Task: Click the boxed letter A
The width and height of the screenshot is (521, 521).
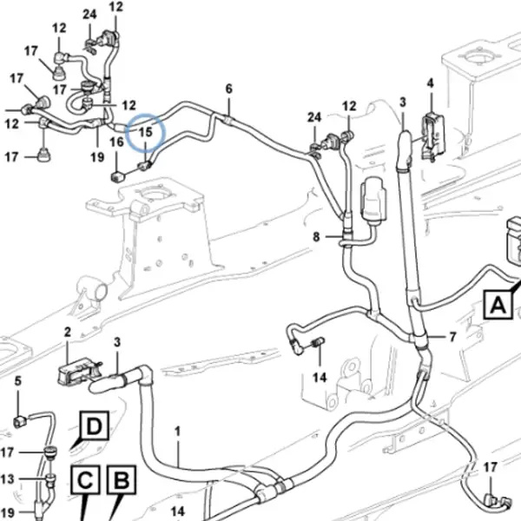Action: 498,305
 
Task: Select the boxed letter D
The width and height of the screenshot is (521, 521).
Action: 94,425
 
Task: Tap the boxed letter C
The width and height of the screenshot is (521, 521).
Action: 85,479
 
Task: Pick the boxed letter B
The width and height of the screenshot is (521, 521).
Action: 121,479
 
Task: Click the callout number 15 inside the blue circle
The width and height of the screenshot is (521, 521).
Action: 145,132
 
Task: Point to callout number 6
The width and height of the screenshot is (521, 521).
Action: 229,89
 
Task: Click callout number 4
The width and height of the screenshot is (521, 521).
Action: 431,83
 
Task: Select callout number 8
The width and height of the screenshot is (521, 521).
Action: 316,237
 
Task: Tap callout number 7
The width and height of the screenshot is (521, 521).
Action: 452,337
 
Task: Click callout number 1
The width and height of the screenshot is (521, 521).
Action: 177,432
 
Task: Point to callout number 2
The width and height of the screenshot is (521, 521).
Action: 68,332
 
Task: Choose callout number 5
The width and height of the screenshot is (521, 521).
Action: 18,381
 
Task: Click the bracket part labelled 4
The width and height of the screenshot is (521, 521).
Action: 433,136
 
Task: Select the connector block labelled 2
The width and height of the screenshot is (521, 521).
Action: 78,372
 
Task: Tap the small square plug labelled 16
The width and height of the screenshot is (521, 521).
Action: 117,176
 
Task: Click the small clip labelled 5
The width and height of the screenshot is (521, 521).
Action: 19,421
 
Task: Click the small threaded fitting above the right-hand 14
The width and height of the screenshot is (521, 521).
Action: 318,343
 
